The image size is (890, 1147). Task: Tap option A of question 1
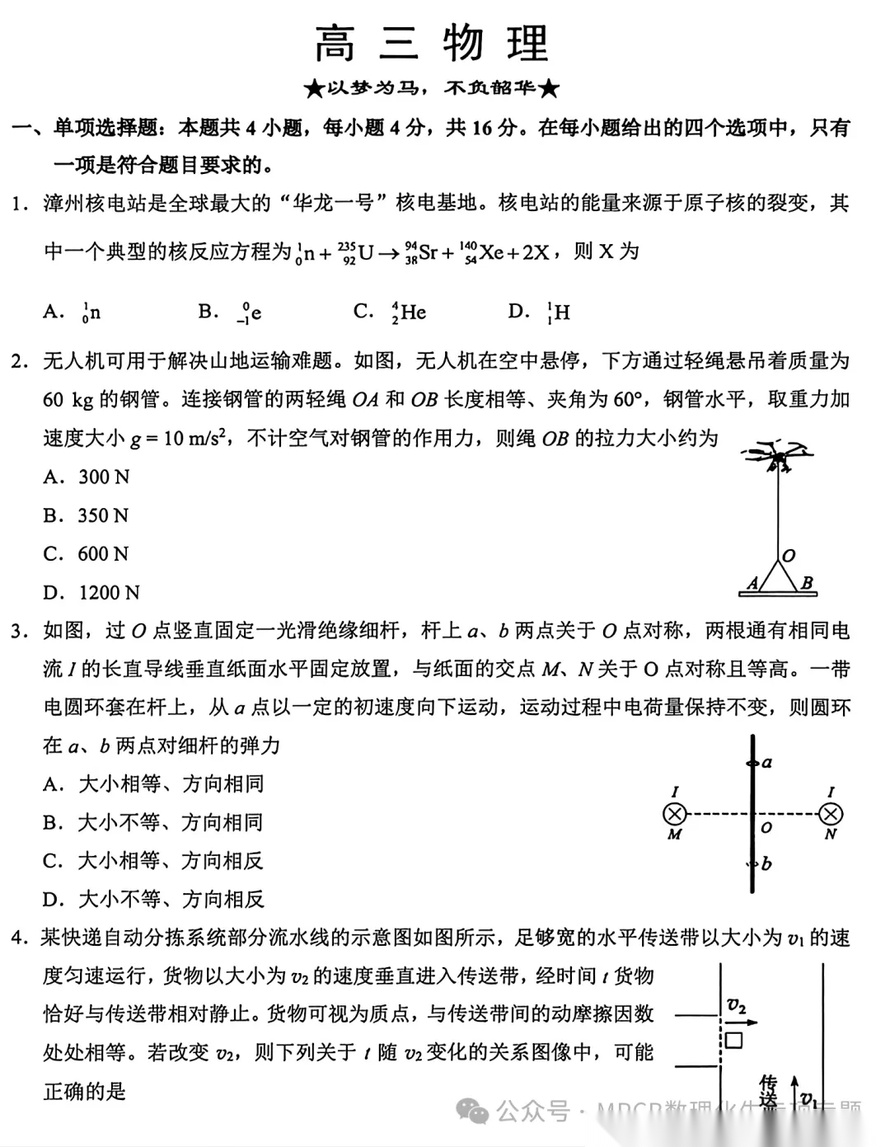73,312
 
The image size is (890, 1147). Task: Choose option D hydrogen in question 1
541,312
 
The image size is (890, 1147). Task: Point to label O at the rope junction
789,556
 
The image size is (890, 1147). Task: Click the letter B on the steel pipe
807,583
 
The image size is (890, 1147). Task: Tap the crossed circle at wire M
675,815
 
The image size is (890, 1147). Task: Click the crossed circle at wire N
830,815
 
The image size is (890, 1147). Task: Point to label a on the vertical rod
767,762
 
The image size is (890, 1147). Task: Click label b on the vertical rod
766,863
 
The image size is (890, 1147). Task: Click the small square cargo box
733,1039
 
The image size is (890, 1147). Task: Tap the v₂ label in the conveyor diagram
736,1005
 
